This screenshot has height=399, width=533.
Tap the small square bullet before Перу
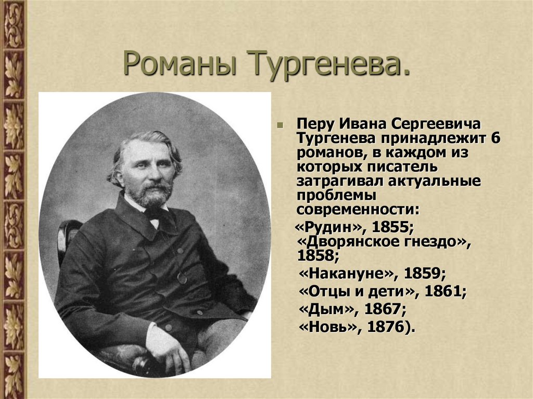[280, 125]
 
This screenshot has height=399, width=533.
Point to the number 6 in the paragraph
[495, 139]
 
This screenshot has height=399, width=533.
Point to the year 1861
[445, 292]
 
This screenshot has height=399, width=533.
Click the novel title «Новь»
[329, 328]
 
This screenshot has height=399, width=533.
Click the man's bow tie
[154, 214]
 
